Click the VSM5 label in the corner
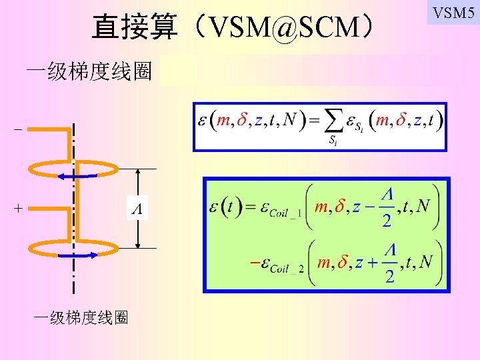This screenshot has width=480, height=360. (454, 12)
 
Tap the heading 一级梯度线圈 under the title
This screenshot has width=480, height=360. (88, 71)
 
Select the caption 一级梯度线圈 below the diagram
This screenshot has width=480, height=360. (81, 317)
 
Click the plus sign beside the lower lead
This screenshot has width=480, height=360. (17, 208)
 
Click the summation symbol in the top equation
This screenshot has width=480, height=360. (336, 122)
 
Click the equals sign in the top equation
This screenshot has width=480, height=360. (312, 121)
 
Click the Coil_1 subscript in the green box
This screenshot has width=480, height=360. (285, 213)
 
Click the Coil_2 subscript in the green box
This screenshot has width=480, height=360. (288, 269)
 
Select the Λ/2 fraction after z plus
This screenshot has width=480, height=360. (390, 263)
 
